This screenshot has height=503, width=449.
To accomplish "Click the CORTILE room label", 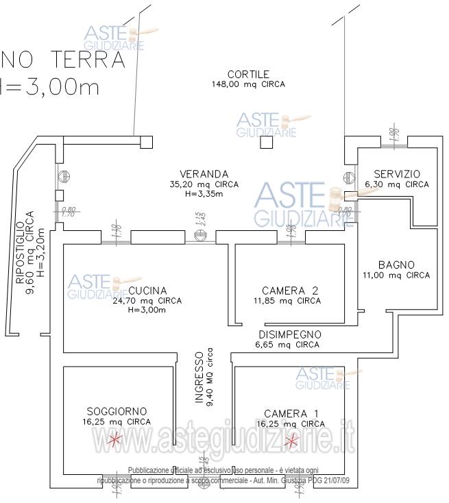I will pyautogui.click(x=248, y=74).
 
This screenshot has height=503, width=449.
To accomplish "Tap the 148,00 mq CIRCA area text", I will pyautogui.click(x=248, y=84).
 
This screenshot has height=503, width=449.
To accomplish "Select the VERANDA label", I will pyautogui.click(x=204, y=174).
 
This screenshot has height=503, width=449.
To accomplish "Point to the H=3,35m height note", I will pyautogui.click(x=204, y=194).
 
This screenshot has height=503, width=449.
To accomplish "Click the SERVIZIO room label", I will pyautogui.click(x=396, y=174).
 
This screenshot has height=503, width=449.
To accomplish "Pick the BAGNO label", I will pyautogui.click(x=396, y=265).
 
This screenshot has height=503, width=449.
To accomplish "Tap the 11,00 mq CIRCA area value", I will pyautogui.click(x=396, y=275).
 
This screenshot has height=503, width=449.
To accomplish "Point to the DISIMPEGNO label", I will pyautogui.click(x=290, y=334).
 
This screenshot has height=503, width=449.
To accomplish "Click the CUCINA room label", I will pyautogui.click(x=147, y=290).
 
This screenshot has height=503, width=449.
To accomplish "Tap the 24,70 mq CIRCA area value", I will pyautogui.click(x=147, y=300).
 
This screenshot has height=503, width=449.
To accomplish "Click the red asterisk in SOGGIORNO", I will pyautogui.click(x=115, y=439).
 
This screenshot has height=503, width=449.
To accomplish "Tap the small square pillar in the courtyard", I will pyautogui.click(x=266, y=143).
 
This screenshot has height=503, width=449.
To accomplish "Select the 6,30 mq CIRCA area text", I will pyautogui.click(x=396, y=184).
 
